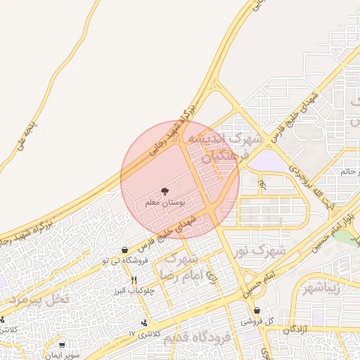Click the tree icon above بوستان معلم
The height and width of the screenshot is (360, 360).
pyautogui.click(x=165, y=191)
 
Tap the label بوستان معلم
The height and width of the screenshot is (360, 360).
pyautogui.click(x=165, y=202)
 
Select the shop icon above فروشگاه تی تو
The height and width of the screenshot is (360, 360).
pyautogui.click(x=124, y=250)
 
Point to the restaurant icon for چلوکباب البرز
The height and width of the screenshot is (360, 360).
pyautogui.click(x=134, y=280)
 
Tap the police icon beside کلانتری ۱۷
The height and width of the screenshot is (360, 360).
pyautogui.click(x=144, y=323)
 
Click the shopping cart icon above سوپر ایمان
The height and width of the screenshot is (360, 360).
pyautogui.click(x=63, y=345)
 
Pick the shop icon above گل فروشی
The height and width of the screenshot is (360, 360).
pyautogui.click(x=257, y=310)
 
